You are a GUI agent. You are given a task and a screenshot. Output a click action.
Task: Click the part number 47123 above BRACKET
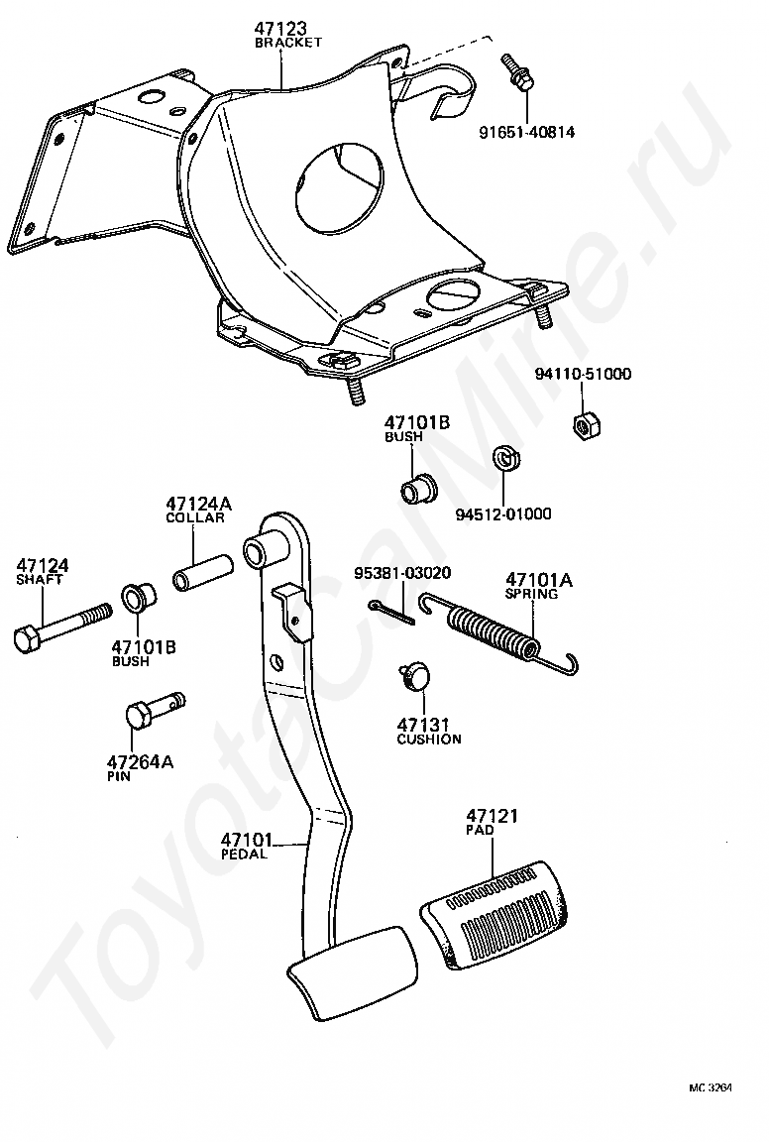(280, 29)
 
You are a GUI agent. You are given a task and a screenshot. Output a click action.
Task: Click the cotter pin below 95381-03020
(391, 613)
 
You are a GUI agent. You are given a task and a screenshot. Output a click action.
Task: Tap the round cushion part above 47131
(413, 677)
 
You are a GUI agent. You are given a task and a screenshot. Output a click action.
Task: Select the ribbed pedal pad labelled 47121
(496, 914)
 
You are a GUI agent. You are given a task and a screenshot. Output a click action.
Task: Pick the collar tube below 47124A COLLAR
(202, 572)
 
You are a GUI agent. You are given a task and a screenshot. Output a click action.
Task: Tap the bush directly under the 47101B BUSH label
(417, 487)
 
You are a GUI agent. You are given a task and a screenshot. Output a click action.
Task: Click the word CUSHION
(429, 740)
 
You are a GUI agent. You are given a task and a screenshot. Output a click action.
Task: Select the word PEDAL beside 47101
(244, 854)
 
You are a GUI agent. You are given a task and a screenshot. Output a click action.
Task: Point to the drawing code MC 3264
(710, 1108)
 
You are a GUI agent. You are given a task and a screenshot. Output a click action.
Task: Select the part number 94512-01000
(503, 514)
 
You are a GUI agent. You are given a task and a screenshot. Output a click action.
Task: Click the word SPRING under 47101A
(531, 594)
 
